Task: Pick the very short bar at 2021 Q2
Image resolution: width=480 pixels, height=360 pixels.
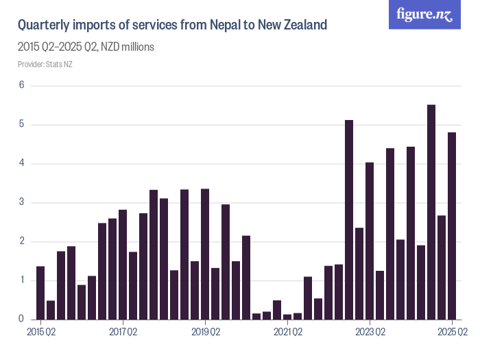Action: (287, 317)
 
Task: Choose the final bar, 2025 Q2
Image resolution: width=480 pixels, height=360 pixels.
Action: (452, 226)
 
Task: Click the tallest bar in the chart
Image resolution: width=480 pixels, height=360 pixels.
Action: (431, 212)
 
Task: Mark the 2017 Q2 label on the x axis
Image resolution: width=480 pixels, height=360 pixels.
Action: (123, 333)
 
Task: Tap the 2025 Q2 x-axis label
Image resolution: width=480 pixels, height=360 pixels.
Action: (453, 333)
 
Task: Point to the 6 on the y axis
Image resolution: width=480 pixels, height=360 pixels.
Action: (21, 86)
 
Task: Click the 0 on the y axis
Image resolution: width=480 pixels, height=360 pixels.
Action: (21, 320)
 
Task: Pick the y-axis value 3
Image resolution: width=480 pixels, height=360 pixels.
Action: (21, 202)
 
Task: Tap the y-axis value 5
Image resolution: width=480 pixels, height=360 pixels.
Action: (21, 125)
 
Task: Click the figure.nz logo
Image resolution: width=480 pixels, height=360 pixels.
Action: (424, 14)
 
